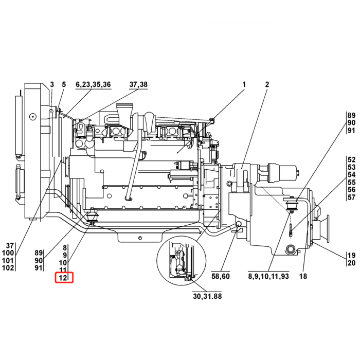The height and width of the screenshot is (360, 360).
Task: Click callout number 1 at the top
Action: tap(244, 84)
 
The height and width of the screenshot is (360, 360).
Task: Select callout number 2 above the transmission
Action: tap(267, 84)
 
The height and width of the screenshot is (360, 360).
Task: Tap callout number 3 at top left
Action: tap(52, 84)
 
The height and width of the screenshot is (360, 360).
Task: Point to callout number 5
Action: tap(64, 84)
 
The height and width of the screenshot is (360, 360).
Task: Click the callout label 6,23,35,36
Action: tap(93, 84)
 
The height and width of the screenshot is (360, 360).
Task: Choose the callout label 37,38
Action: tap(138, 84)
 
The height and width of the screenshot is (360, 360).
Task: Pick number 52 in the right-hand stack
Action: tap(351, 159)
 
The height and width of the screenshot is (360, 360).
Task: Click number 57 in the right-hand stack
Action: tap(351, 197)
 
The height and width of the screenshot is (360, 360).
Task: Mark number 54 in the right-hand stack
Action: tap(351, 175)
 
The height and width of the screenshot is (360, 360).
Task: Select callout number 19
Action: tap(351, 255)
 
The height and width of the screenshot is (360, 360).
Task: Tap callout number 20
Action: tap(351, 263)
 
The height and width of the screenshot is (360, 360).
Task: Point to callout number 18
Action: tap(302, 276)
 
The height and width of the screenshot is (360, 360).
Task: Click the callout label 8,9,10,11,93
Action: tap(267, 276)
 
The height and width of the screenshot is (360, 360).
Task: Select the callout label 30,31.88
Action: tap(207, 296)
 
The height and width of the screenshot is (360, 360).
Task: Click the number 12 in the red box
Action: tap(64, 278)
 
